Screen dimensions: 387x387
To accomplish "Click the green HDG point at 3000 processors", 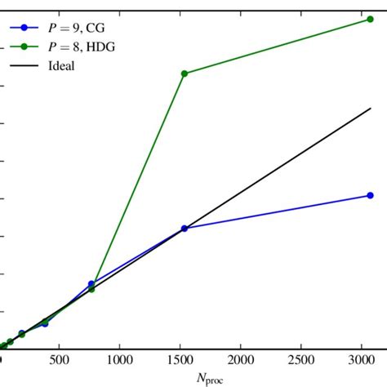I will click(x=370, y=19).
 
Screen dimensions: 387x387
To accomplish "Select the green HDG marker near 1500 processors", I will click(x=185, y=73).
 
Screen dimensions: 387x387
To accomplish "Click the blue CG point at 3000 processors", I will click(x=370, y=195).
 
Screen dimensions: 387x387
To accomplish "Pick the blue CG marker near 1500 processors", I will click(x=185, y=229).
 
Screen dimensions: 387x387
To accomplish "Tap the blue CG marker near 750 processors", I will click(x=91, y=284).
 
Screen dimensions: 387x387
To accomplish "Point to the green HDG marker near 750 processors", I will click(x=91, y=289).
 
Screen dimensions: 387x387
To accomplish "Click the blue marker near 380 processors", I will click(x=45, y=323).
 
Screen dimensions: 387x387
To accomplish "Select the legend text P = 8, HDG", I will click(x=82, y=47).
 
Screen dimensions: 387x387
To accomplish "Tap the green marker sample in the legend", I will click(x=24, y=47).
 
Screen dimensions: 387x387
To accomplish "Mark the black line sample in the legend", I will click(x=24, y=65).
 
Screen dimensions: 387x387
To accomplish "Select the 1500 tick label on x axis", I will click(x=180, y=360).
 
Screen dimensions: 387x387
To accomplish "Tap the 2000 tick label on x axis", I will click(x=241, y=360).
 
